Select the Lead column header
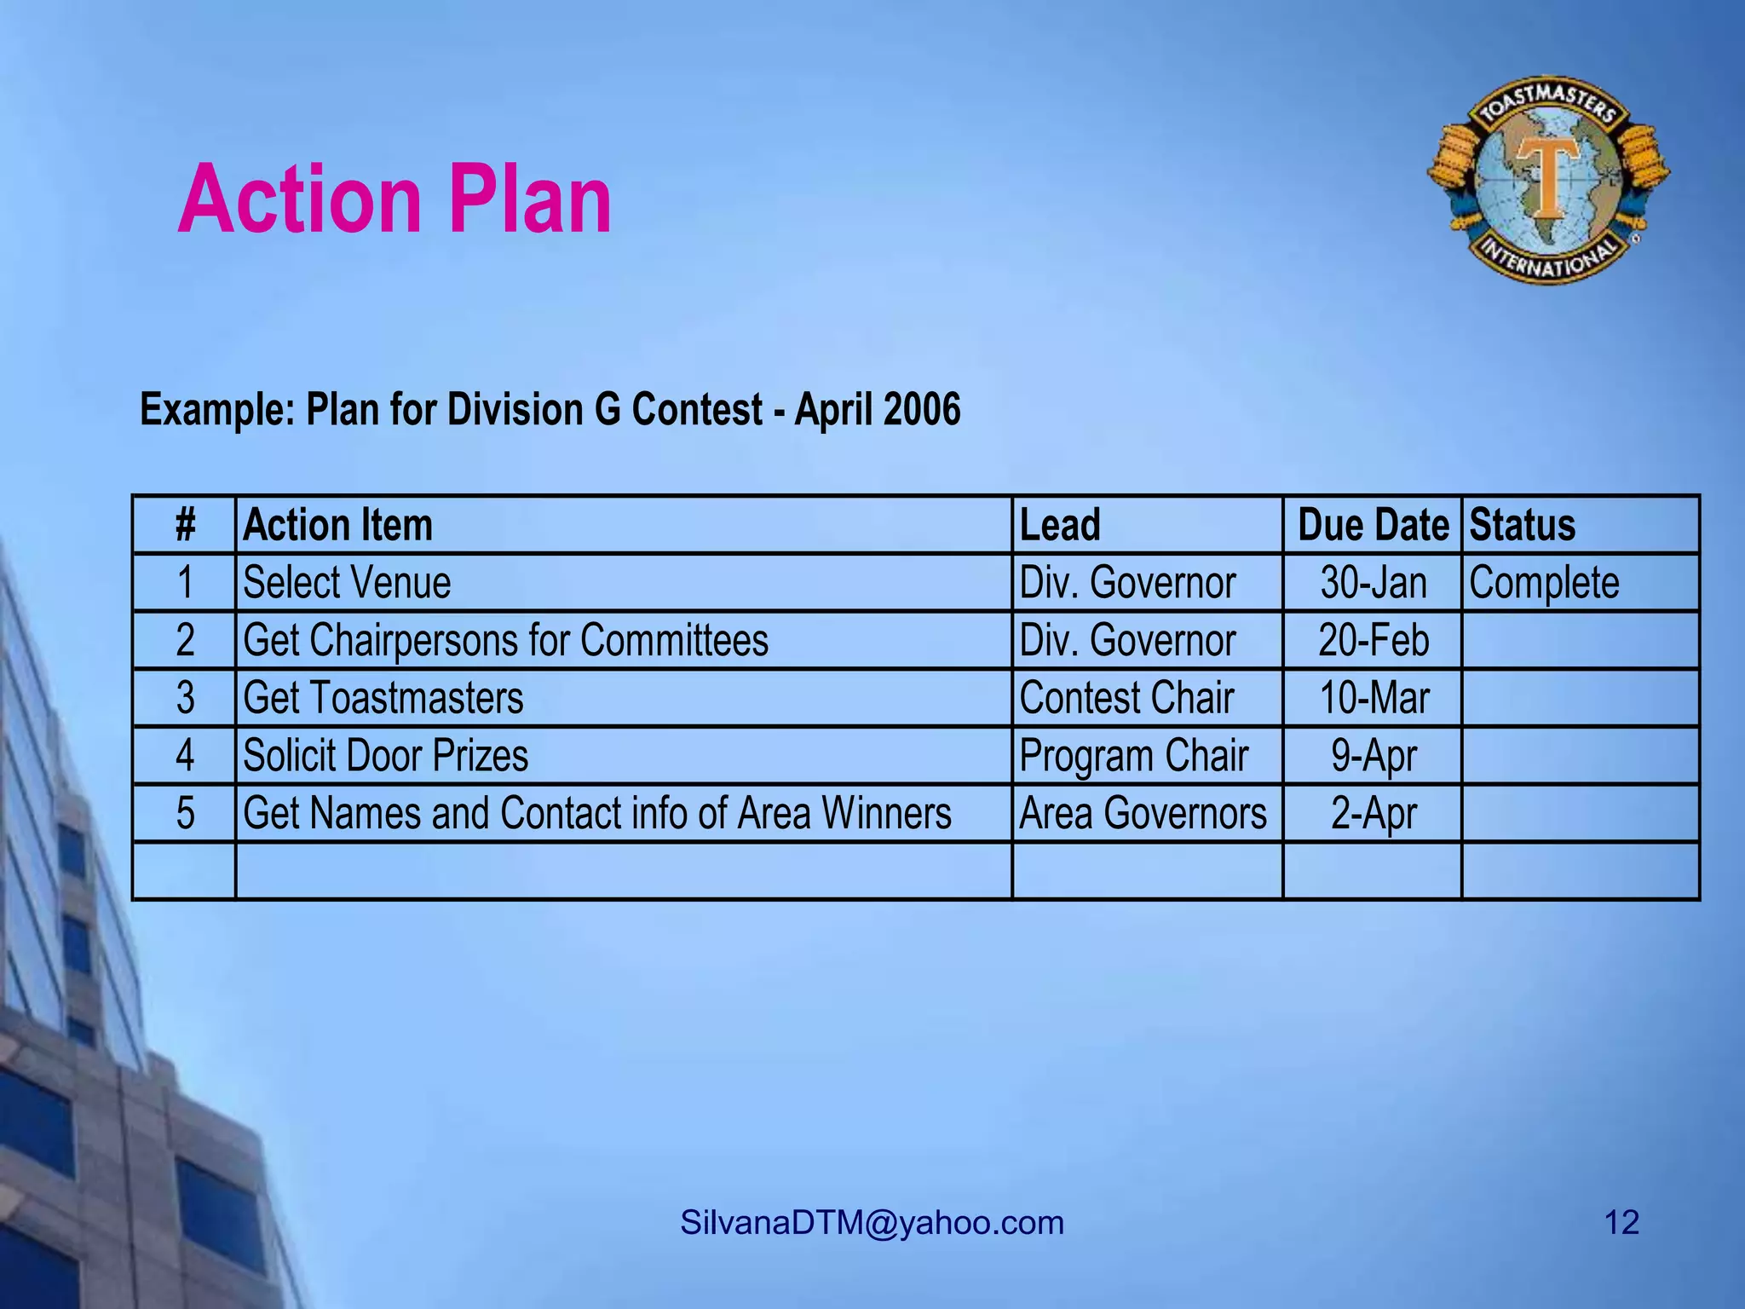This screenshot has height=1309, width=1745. [1060, 525]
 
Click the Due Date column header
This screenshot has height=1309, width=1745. [1373, 525]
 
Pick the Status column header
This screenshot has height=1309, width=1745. [1522, 525]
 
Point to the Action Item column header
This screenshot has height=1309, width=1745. [337, 525]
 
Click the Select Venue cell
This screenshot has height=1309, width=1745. [347, 583]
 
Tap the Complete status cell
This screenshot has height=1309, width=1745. [1544, 583]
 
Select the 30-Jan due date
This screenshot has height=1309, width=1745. [1374, 583]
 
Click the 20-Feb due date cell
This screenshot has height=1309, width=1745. [1374, 640]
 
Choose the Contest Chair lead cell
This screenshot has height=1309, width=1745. [1126, 698]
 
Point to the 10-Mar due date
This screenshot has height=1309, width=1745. [1374, 698]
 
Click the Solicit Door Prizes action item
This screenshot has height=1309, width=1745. [385, 756]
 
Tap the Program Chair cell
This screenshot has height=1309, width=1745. [1133, 756]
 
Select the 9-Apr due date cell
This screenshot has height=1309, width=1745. [1374, 756]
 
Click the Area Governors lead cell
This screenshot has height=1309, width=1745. [1143, 813]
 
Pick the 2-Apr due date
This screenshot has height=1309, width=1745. [1374, 813]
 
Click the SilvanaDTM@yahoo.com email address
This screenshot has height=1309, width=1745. [872, 1223]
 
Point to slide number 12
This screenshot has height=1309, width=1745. [1621, 1223]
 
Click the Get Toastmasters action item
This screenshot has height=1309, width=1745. [383, 698]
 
